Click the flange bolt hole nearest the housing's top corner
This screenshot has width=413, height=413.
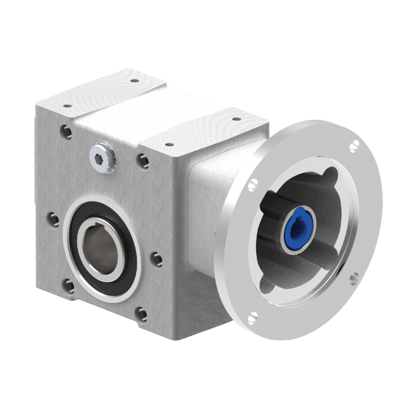click(253, 184)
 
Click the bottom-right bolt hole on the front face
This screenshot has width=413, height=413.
click(141, 312)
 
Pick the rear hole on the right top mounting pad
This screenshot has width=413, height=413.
click(235, 119)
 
